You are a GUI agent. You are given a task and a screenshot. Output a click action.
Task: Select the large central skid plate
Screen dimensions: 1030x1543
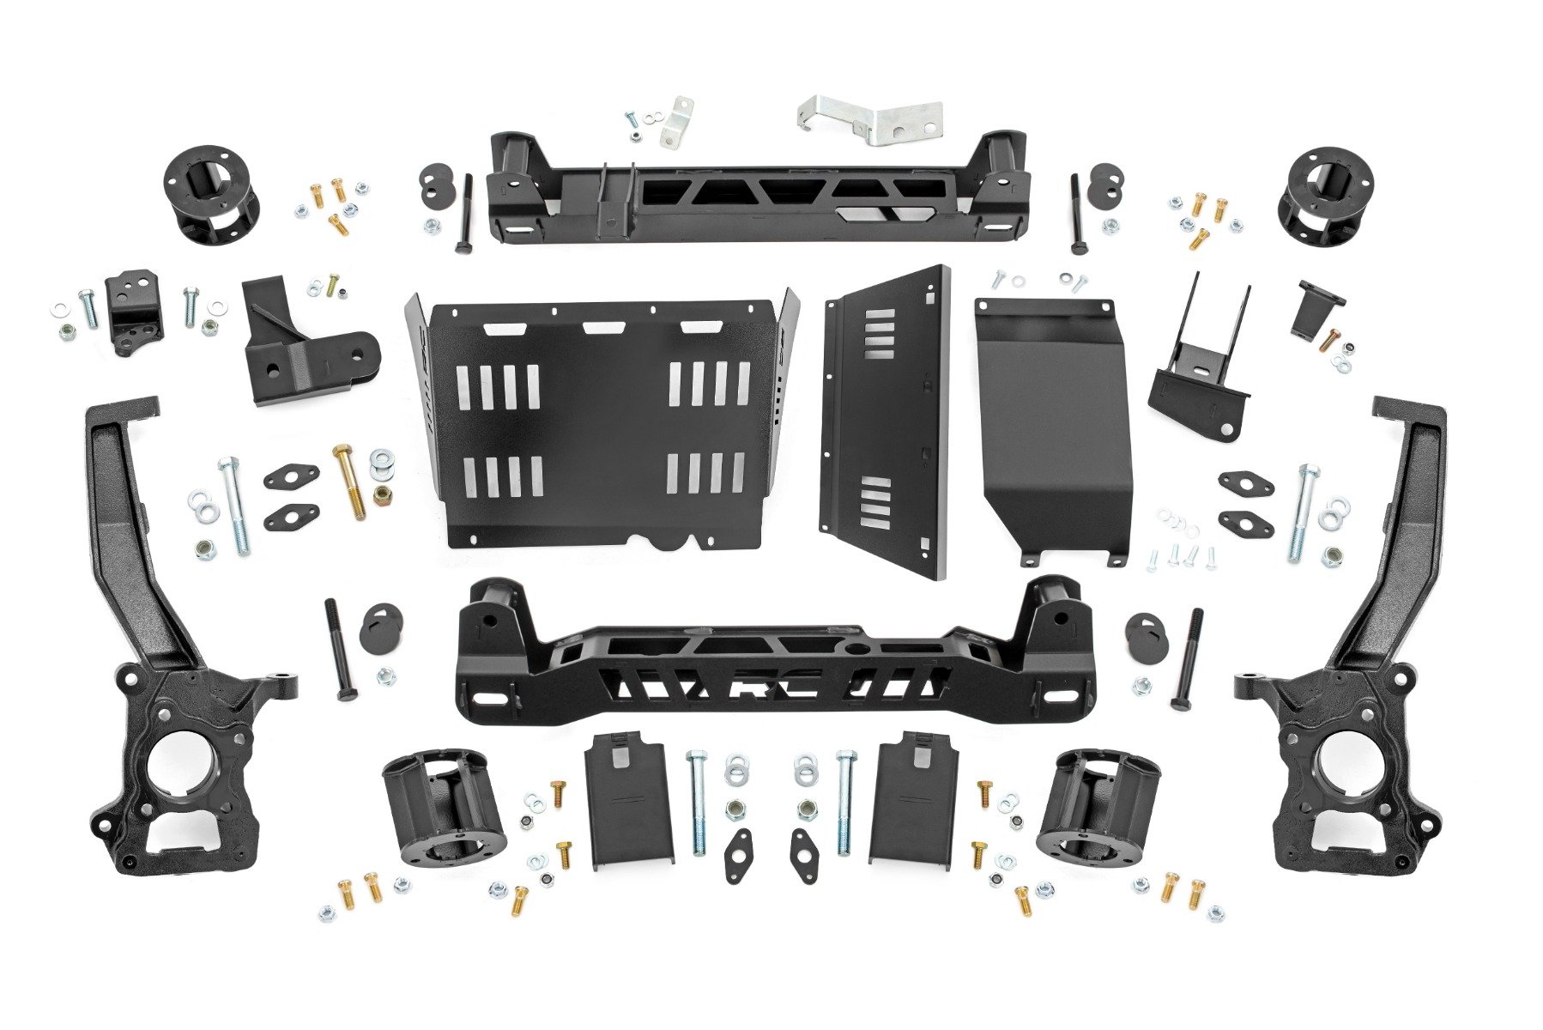601,421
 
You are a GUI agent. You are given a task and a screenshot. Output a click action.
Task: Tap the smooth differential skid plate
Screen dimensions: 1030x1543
1054,421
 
